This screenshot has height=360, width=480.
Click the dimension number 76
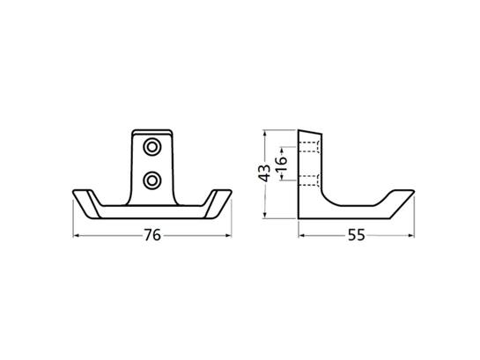click(152, 235)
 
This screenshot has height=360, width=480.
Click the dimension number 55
click(357, 235)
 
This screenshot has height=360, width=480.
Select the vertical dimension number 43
click(264, 173)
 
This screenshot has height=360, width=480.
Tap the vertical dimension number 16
click(282, 164)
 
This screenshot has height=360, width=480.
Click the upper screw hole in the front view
click(151, 147)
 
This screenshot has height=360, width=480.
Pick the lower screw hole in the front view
click(151, 180)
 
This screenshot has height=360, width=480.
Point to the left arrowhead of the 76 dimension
click(76, 235)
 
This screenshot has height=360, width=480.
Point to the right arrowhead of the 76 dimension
click(228, 235)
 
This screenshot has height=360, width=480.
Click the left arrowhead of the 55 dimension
click(301, 235)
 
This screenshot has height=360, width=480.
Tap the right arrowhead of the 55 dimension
click(411, 235)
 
